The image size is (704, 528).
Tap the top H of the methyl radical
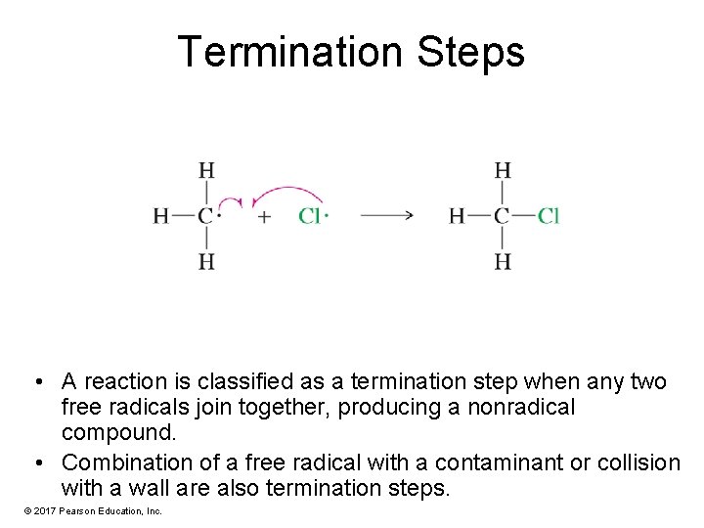click(x=206, y=170)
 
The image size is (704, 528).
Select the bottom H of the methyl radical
click(x=206, y=261)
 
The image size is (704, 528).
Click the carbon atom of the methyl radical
click(x=205, y=216)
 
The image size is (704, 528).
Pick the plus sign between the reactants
click(x=264, y=216)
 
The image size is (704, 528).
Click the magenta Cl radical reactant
click(x=309, y=216)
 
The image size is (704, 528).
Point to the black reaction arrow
click(x=387, y=216)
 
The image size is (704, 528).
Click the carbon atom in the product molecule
click(x=502, y=216)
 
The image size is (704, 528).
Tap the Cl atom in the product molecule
click(x=548, y=216)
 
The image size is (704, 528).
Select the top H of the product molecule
click(x=502, y=170)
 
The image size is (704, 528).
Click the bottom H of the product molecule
click(x=502, y=261)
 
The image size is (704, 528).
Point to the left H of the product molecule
click(x=456, y=216)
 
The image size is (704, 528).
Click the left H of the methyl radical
click(x=160, y=216)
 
